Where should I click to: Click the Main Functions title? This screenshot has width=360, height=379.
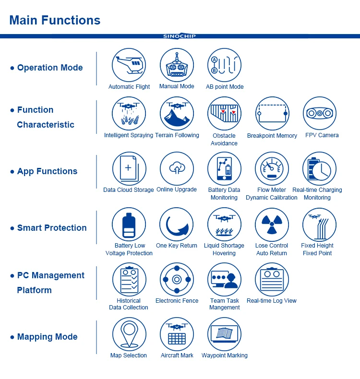55,20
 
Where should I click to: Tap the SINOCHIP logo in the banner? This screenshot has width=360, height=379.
180,36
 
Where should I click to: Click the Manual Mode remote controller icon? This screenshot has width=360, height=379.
177,65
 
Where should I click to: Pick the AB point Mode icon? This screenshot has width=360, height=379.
224,65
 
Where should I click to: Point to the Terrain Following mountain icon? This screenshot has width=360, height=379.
177,114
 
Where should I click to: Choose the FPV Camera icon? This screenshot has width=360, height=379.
320,114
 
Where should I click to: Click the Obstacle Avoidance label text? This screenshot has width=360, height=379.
224,139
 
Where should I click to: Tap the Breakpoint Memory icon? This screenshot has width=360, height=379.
272,114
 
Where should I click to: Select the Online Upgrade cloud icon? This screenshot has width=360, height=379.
177,169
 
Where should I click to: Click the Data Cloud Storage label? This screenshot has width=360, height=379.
129,190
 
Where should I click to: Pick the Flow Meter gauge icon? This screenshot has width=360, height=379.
272,169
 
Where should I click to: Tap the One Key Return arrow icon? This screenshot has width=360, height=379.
177,225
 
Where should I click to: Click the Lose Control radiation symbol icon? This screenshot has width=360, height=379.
272,225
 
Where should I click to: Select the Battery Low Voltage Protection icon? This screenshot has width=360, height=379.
129,225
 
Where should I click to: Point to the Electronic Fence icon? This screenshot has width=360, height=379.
177,279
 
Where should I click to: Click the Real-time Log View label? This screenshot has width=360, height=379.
272,301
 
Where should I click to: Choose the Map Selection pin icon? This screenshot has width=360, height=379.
129,334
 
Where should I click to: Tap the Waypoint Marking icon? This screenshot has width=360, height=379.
224,334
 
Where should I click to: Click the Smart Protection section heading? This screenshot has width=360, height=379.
52,228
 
